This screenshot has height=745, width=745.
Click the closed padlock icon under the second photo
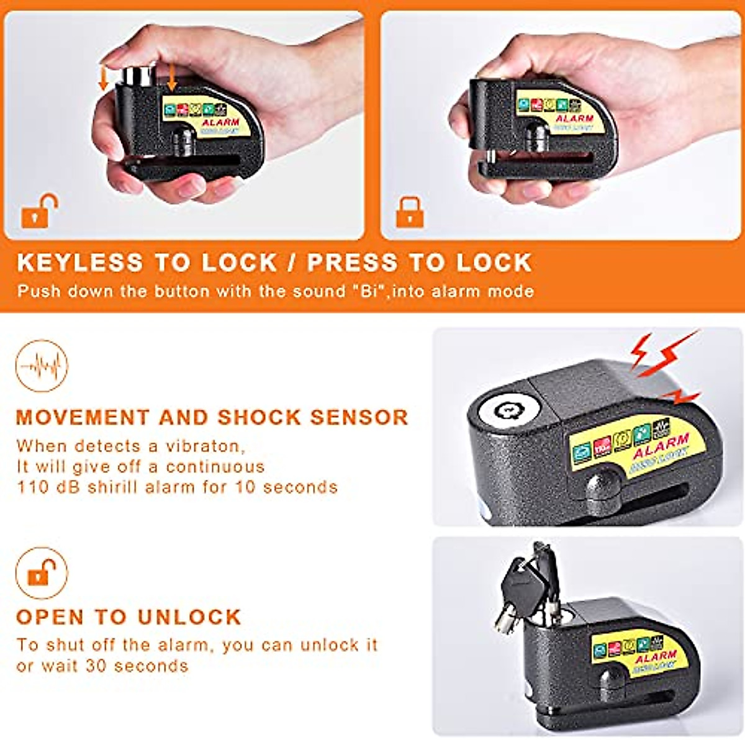[x=410, y=212]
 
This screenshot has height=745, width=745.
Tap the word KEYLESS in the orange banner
[x=80, y=263]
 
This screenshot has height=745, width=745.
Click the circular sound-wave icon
[x=42, y=366]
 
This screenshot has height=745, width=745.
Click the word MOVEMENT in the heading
[x=83, y=417]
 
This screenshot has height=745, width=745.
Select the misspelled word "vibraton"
[x=205, y=446]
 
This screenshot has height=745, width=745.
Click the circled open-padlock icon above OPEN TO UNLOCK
[x=42, y=572]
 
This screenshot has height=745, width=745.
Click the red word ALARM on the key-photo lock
[x=656, y=656]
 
